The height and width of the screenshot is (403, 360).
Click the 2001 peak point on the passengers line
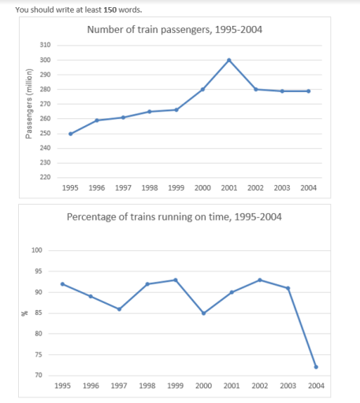click(x=228, y=60)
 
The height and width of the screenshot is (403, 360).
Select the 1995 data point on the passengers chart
click(x=70, y=134)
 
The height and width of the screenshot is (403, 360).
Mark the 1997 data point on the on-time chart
click(x=119, y=309)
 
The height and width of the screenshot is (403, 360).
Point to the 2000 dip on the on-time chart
click(x=202, y=313)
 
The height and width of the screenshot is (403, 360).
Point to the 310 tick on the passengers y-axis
click(x=45, y=46)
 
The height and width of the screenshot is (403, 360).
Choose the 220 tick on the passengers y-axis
click(x=45, y=177)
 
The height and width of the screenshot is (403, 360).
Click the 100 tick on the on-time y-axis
click(x=37, y=250)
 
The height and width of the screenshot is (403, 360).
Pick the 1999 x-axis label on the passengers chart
click(x=176, y=189)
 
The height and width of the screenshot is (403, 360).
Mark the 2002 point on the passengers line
click(x=255, y=89)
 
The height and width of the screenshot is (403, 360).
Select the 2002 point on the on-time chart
click(x=260, y=279)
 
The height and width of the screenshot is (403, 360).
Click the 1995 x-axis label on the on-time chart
click(x=62, y=386)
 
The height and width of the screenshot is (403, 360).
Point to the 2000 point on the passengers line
click(x=202, y=89)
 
